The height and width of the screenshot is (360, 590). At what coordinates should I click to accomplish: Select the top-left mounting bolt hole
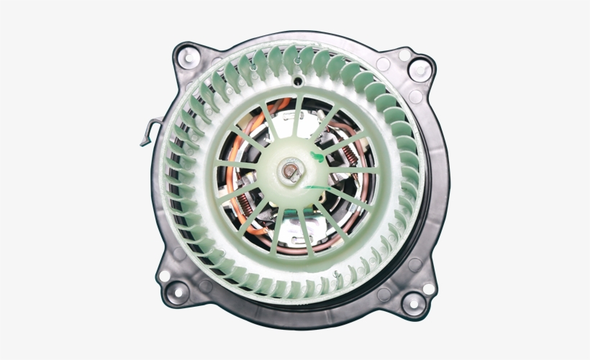pos(188,55)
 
